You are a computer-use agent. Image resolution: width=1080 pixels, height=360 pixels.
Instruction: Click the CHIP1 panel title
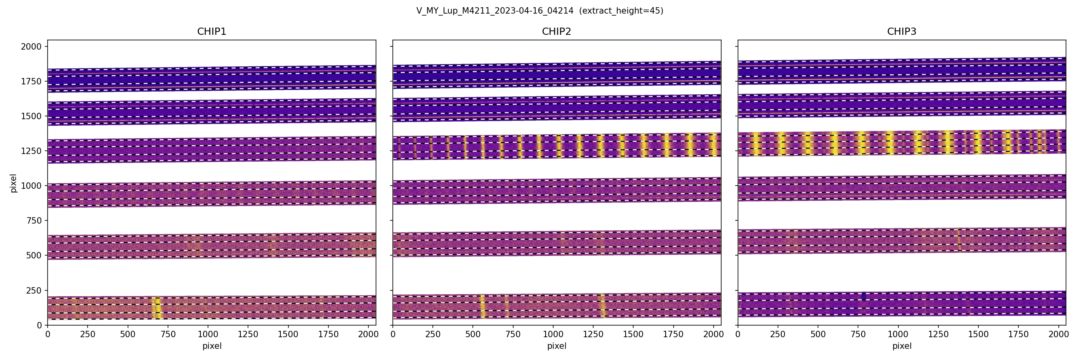[x=212, y=32]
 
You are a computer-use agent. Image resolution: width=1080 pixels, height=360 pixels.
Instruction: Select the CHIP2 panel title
[x=556, y=32]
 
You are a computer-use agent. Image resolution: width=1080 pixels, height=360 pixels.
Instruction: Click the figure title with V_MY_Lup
[x=540, y=11]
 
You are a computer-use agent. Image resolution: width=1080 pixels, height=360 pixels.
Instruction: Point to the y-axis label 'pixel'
[x=14, y=183]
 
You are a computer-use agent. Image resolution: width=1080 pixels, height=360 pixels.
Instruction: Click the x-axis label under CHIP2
[x=556, y=346]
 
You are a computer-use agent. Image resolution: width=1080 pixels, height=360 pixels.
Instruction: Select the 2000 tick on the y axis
[x=32, y=46]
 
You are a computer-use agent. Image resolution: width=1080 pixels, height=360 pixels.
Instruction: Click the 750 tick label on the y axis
[x=34, y=220]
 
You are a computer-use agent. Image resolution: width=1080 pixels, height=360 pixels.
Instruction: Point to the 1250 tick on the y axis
[x=32, y=151]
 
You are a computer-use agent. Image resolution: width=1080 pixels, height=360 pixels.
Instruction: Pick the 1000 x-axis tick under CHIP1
[x=208, y=334]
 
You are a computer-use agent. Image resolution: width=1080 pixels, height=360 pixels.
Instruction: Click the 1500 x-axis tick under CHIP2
[x=633, y=334]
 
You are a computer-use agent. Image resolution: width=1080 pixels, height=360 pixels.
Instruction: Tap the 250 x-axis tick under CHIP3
[x=778, y=334]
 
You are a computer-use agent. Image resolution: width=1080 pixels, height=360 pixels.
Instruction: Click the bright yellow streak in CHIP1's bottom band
[x=156, y=309]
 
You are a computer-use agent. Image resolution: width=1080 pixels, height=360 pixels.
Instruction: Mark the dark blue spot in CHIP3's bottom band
[x=864, y=296]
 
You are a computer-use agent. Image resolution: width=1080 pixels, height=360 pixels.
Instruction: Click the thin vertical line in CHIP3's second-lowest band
[x=959, y=240]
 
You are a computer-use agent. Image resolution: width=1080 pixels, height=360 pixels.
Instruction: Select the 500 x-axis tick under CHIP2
[x=472, y=334]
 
